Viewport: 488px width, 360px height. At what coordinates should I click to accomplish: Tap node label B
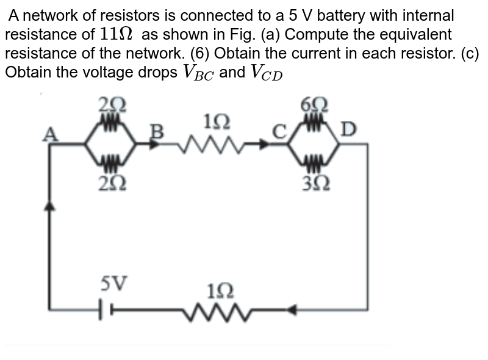(x=157, y=131)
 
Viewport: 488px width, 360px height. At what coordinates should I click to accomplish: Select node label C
(x=279, y=131)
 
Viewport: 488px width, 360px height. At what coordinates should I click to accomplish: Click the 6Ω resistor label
(x=315, y=104)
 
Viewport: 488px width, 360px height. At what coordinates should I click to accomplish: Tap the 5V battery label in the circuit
(x=114, y=283)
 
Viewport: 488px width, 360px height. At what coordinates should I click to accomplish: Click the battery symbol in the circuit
(x=103, y=311)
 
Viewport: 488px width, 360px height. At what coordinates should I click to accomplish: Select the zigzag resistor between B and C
(x=213, y=145)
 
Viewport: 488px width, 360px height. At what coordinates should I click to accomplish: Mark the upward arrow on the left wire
(x=50, y=207)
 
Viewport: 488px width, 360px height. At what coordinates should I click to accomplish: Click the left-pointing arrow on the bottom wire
(x=292, y=311)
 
